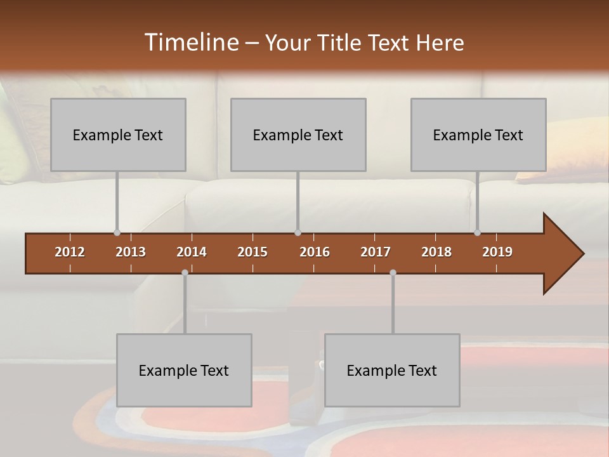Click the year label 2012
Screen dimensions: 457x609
coord(70,252)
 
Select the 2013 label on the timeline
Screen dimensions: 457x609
coord(131,252)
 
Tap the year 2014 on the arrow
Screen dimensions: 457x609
coord(192,252)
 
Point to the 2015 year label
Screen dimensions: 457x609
coord(252,252)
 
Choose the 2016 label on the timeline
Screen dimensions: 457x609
coord(315,252)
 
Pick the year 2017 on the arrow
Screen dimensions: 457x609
coord(376,252)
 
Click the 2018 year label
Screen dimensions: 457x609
coord(436,252)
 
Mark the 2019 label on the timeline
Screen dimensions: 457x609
coord(497,252)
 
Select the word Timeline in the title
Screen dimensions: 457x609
coord(190,43)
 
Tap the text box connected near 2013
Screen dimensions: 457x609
coord(118,135)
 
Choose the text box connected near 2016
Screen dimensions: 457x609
coord(298,135)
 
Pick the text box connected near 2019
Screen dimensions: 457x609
coord(478,135)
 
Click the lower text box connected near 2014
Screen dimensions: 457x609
coord(184,370)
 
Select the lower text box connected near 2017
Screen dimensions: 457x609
coord(392,370)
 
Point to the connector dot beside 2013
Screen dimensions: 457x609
coord(117,232)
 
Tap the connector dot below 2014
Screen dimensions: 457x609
coord(185,272)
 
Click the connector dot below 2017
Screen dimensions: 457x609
coord(393,272)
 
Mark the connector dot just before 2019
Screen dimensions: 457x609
coord(478,232)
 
